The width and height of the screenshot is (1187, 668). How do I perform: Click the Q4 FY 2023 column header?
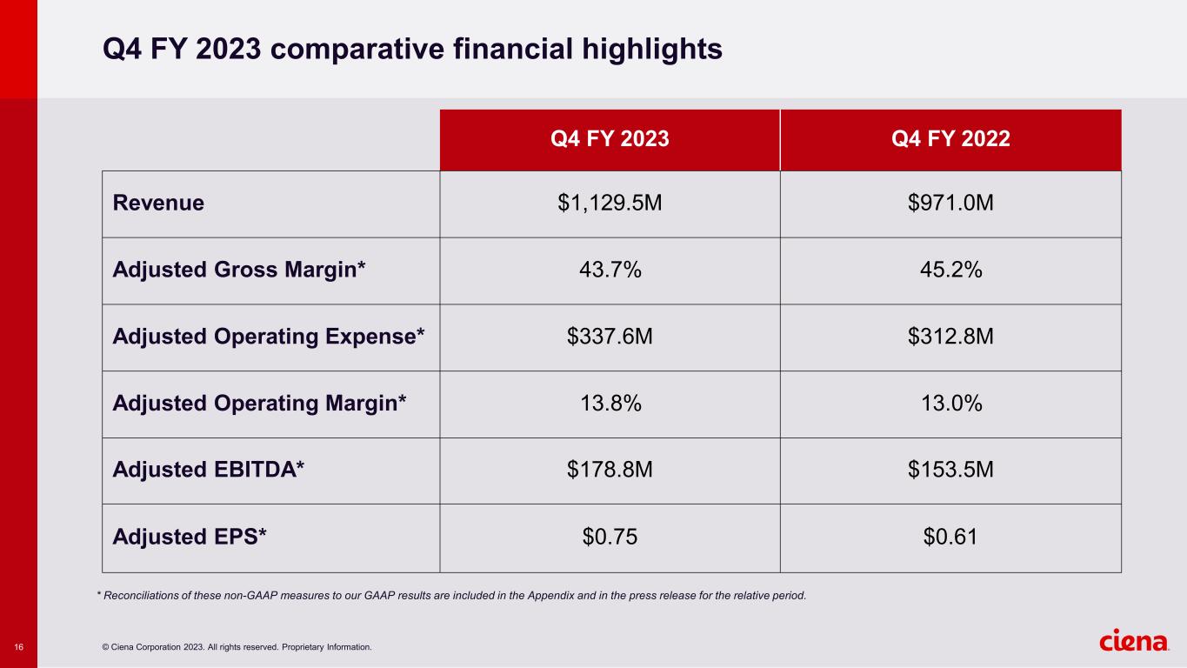pyautogui.click(x=610, y=139)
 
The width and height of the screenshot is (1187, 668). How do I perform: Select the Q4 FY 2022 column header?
pyautogui.click(x=950, y=139)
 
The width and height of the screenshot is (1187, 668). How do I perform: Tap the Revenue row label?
pyautogui.click(x=158, y=204)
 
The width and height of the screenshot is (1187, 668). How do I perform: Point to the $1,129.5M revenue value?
pyautogui.click(x=610, y=204)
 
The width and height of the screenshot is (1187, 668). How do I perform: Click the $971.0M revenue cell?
pyautogui.click(x=950, y=204)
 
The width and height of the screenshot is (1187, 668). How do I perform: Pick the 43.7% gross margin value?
pyautogui.click(x=610, y=271)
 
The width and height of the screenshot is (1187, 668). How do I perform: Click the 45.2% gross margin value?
pyautogui.click(x=950, y=271)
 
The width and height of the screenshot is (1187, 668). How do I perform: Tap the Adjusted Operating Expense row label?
pyautogui.click(x=269, y=337)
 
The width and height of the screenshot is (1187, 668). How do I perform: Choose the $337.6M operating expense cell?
pyautogui.click(x=610, y=337)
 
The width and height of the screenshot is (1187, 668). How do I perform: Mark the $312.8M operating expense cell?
pyautogui.click(x=950, y=337)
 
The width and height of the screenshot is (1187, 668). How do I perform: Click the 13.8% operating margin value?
pyautogui.click(x=610, y=404)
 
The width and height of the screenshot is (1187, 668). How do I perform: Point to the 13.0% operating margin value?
pyautogui.click(x=950, y=404)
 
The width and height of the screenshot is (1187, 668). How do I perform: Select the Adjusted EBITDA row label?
pyautogui.click(x=209, y=471)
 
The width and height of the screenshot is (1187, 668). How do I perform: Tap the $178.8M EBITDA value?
pyautogui.click(x=610, y=471)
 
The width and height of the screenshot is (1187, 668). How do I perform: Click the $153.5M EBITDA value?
pyautogui.click(x=950, y=471)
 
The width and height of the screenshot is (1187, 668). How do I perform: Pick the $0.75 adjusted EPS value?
pyautogui.click(x=610, y=538)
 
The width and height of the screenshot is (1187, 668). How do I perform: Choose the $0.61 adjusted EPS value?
pyautogui.click(x=950, y=538)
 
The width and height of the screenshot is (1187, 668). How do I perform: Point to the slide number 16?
pyautogui.click(x=18, y=646)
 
